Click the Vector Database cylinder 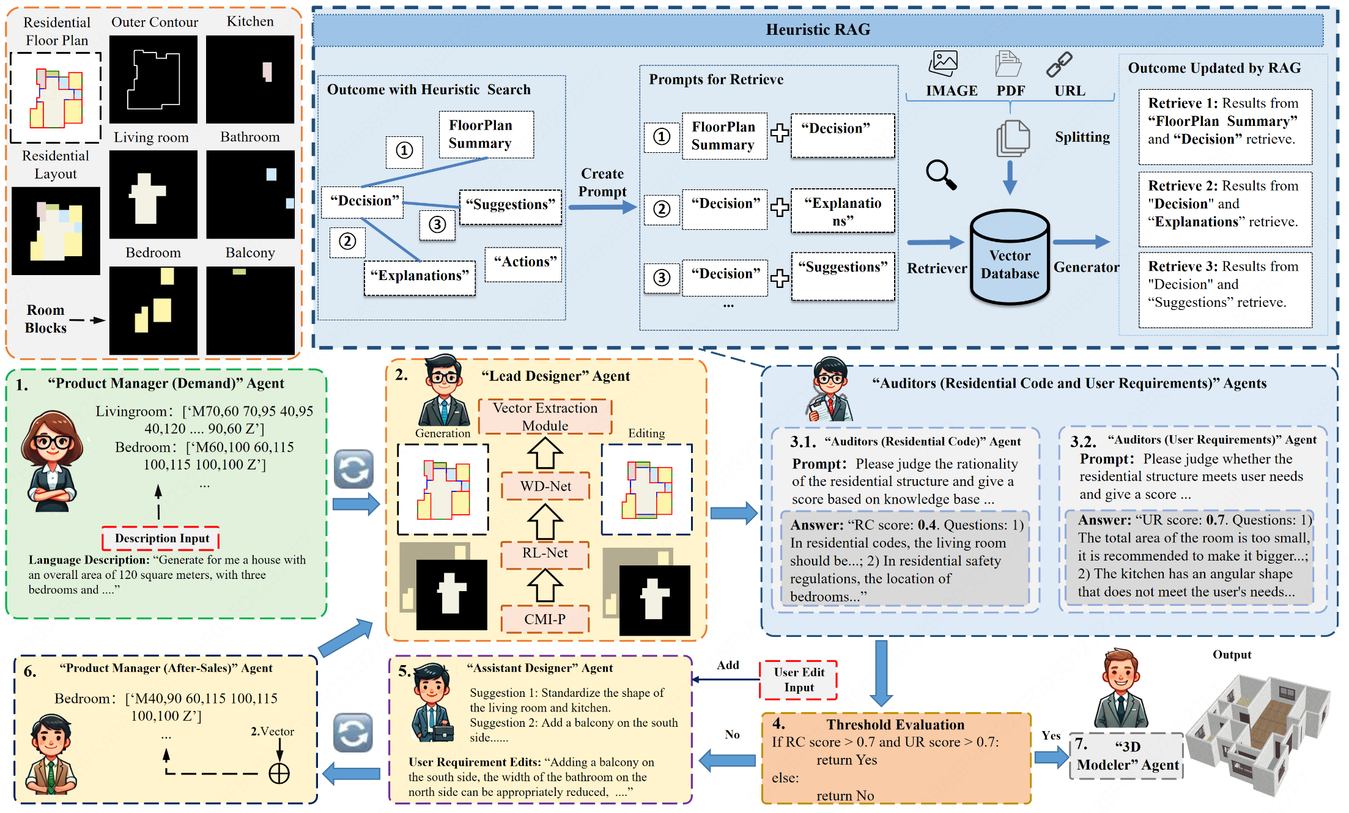tap(1010, 258)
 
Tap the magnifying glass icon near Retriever tap(941, 174)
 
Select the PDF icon tap(1008, 64)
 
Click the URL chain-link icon tap(1059, 64)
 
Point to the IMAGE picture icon tap(943, 64)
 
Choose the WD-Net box tap(545, 486)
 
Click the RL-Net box tap(545, 553)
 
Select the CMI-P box tap(545, 619)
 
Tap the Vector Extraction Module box tap(545, 416)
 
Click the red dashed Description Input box tap(161, 538)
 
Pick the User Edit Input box tap(799, 680)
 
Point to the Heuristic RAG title tap(818, 29)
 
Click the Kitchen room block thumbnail tap(250, 79)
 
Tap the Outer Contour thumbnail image tap(153, 79)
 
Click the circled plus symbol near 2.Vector tap(279, 773)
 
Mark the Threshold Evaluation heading tap(895, 724)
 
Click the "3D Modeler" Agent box tap(1126, 756)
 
